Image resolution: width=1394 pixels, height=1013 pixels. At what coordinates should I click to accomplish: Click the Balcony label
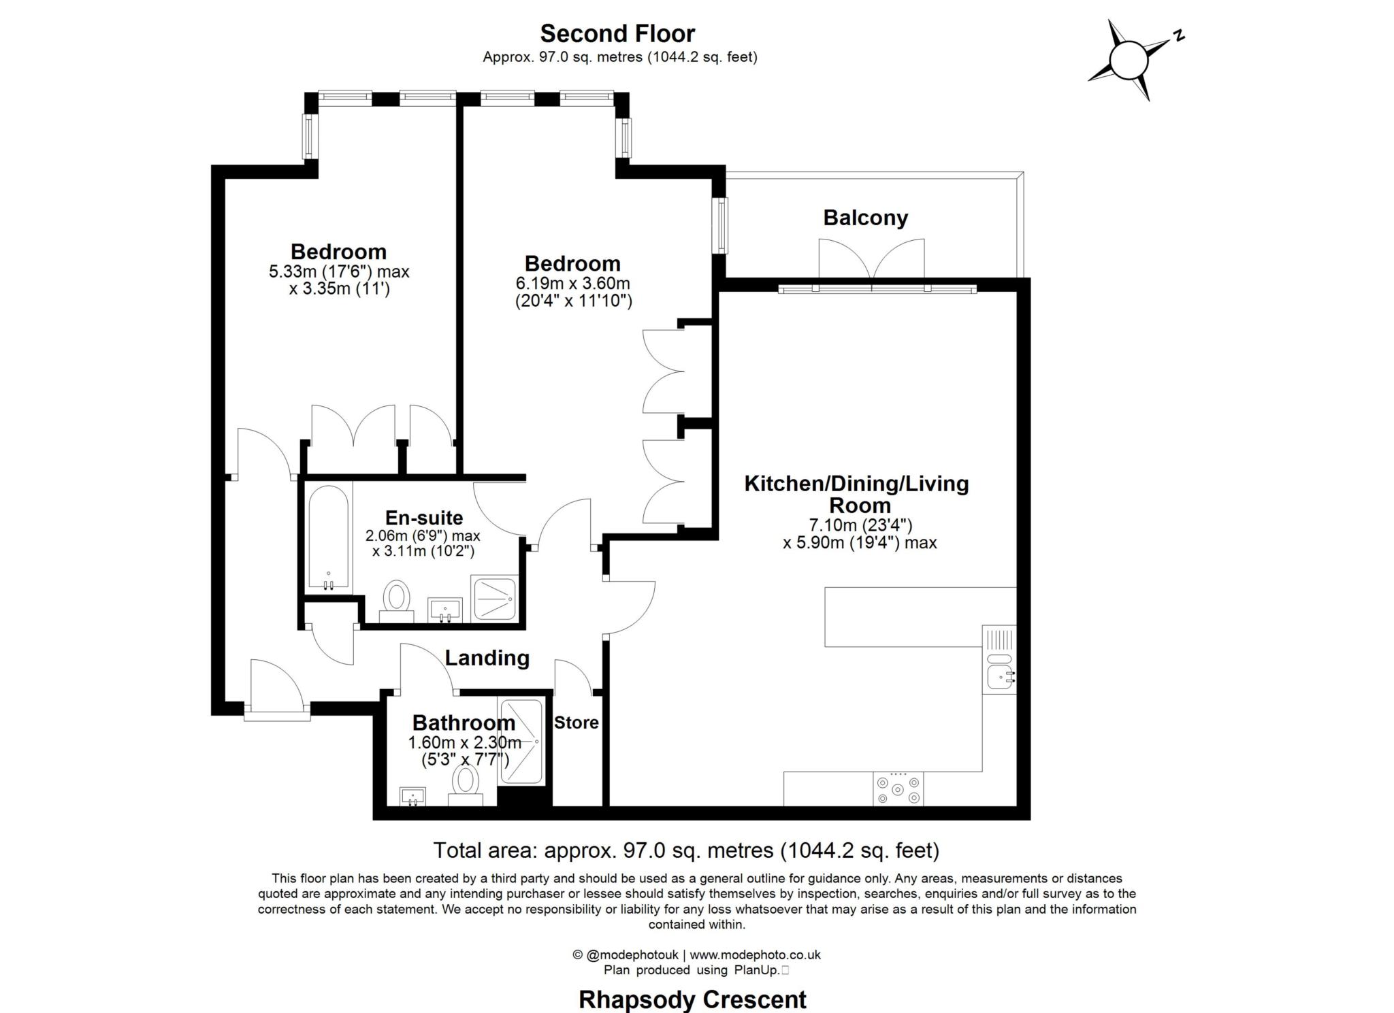tap(865, 218)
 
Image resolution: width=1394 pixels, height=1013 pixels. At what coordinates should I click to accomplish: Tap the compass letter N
tap(1178, 35)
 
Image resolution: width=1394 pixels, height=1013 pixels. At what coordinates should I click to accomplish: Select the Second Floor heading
tap(617, 33)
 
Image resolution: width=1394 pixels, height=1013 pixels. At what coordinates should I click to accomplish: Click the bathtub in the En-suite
tap(329, 537)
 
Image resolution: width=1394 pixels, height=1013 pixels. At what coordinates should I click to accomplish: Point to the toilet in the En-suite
tap(396, 601)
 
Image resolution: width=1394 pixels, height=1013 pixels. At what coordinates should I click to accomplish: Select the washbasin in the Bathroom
tap(412, 796)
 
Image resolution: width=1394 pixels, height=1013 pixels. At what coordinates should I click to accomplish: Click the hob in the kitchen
tap(898, 789)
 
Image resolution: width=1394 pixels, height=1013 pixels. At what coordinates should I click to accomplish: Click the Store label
tap(576, 723)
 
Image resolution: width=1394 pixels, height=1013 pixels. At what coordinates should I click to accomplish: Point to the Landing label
tap(487, 658)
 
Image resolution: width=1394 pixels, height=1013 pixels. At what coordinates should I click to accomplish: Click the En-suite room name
tap(424, 518)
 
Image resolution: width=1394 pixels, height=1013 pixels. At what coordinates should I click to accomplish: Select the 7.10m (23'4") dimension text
tap(860, 525)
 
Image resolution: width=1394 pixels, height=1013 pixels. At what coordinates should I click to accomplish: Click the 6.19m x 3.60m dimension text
tap(573, 283)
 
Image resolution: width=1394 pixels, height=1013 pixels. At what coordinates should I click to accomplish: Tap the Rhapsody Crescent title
tap(692, 999)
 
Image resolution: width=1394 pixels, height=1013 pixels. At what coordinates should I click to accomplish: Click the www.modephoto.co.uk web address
tap(756, 955)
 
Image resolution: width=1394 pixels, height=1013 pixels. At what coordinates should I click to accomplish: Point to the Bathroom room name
tap(464, 723)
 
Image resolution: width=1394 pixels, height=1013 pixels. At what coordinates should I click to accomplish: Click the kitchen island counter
tap(920, 617)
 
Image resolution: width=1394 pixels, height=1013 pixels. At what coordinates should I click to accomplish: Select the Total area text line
tap(686, 850)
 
